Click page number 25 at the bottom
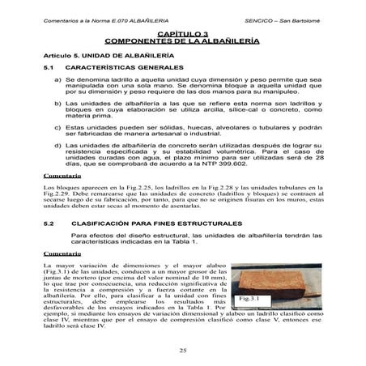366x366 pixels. point(183,349)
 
